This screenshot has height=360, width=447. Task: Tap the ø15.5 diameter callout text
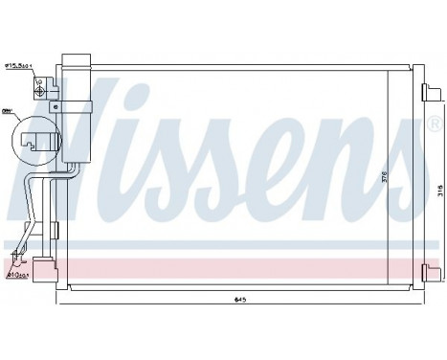coord(20,66)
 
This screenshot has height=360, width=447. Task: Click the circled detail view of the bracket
coord(34,144)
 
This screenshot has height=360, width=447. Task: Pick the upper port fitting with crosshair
coord(39,84)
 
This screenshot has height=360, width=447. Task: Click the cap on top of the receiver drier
coord(76,59)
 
